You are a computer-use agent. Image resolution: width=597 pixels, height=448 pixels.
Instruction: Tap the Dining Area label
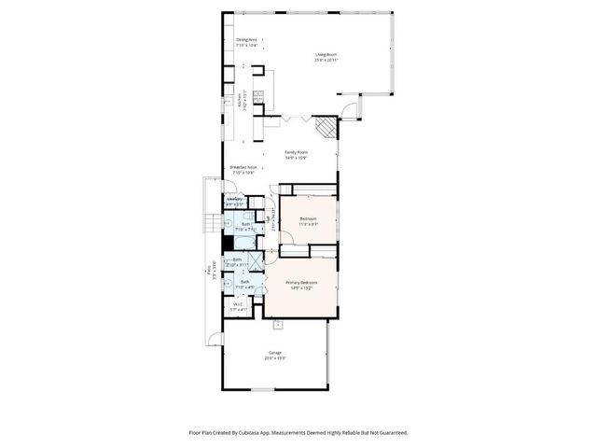(x=246, y=40)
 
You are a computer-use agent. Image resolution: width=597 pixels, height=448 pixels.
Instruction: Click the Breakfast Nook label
(x=243, y=168)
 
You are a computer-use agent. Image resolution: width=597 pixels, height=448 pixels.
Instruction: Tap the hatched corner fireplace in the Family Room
(x=324, y=125)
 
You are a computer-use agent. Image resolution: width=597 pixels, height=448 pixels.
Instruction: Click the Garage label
(x=275, y=353)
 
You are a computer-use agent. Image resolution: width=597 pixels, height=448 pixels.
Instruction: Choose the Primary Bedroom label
(x=300, y=283)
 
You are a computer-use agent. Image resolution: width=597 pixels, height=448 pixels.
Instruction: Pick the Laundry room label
(x=235, y=200)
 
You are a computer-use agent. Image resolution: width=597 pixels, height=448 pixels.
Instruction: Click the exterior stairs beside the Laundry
(x=211, y=220)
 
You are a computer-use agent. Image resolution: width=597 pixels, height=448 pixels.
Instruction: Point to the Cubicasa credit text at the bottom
(x=298, y=432)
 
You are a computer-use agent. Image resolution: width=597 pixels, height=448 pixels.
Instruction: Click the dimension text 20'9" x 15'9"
(x=275, y=357)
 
